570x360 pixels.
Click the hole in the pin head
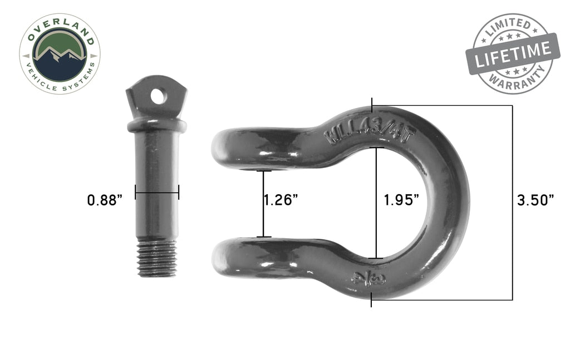[x=158, y=96]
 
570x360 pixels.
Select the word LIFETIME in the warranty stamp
[x=512, y=54]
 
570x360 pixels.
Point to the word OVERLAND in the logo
[x=59, y=28]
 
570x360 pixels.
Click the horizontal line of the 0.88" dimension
[x=156, y=193]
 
